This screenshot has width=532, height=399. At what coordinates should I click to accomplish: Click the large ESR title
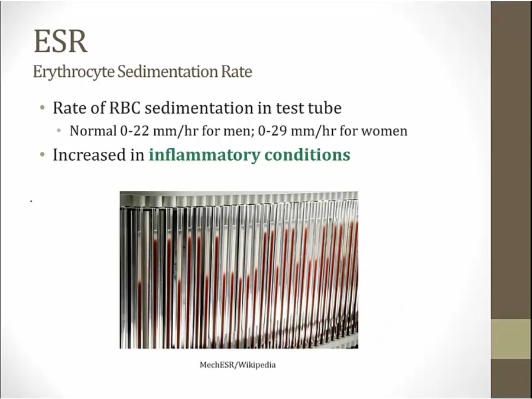pos(61,41)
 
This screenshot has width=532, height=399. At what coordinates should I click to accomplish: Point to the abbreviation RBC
pos(127,108)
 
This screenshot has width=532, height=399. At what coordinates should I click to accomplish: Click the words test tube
pos(309,108)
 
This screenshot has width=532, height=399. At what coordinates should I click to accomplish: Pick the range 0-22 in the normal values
pos(134,131)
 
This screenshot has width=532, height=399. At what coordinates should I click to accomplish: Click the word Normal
pos(93,131)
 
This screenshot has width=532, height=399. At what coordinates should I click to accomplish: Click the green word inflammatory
pos(204,155)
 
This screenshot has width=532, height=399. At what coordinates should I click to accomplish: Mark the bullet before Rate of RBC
pos(43,108)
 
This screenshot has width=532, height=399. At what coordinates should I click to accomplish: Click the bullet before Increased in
pos(43,155)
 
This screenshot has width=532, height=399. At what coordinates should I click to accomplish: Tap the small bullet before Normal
pos(59,131)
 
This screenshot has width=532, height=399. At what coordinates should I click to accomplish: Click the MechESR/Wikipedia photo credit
pos(238,365)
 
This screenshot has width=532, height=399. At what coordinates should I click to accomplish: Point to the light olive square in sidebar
pos(511,339)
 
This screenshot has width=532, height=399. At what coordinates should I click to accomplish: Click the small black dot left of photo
pos(31,202)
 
